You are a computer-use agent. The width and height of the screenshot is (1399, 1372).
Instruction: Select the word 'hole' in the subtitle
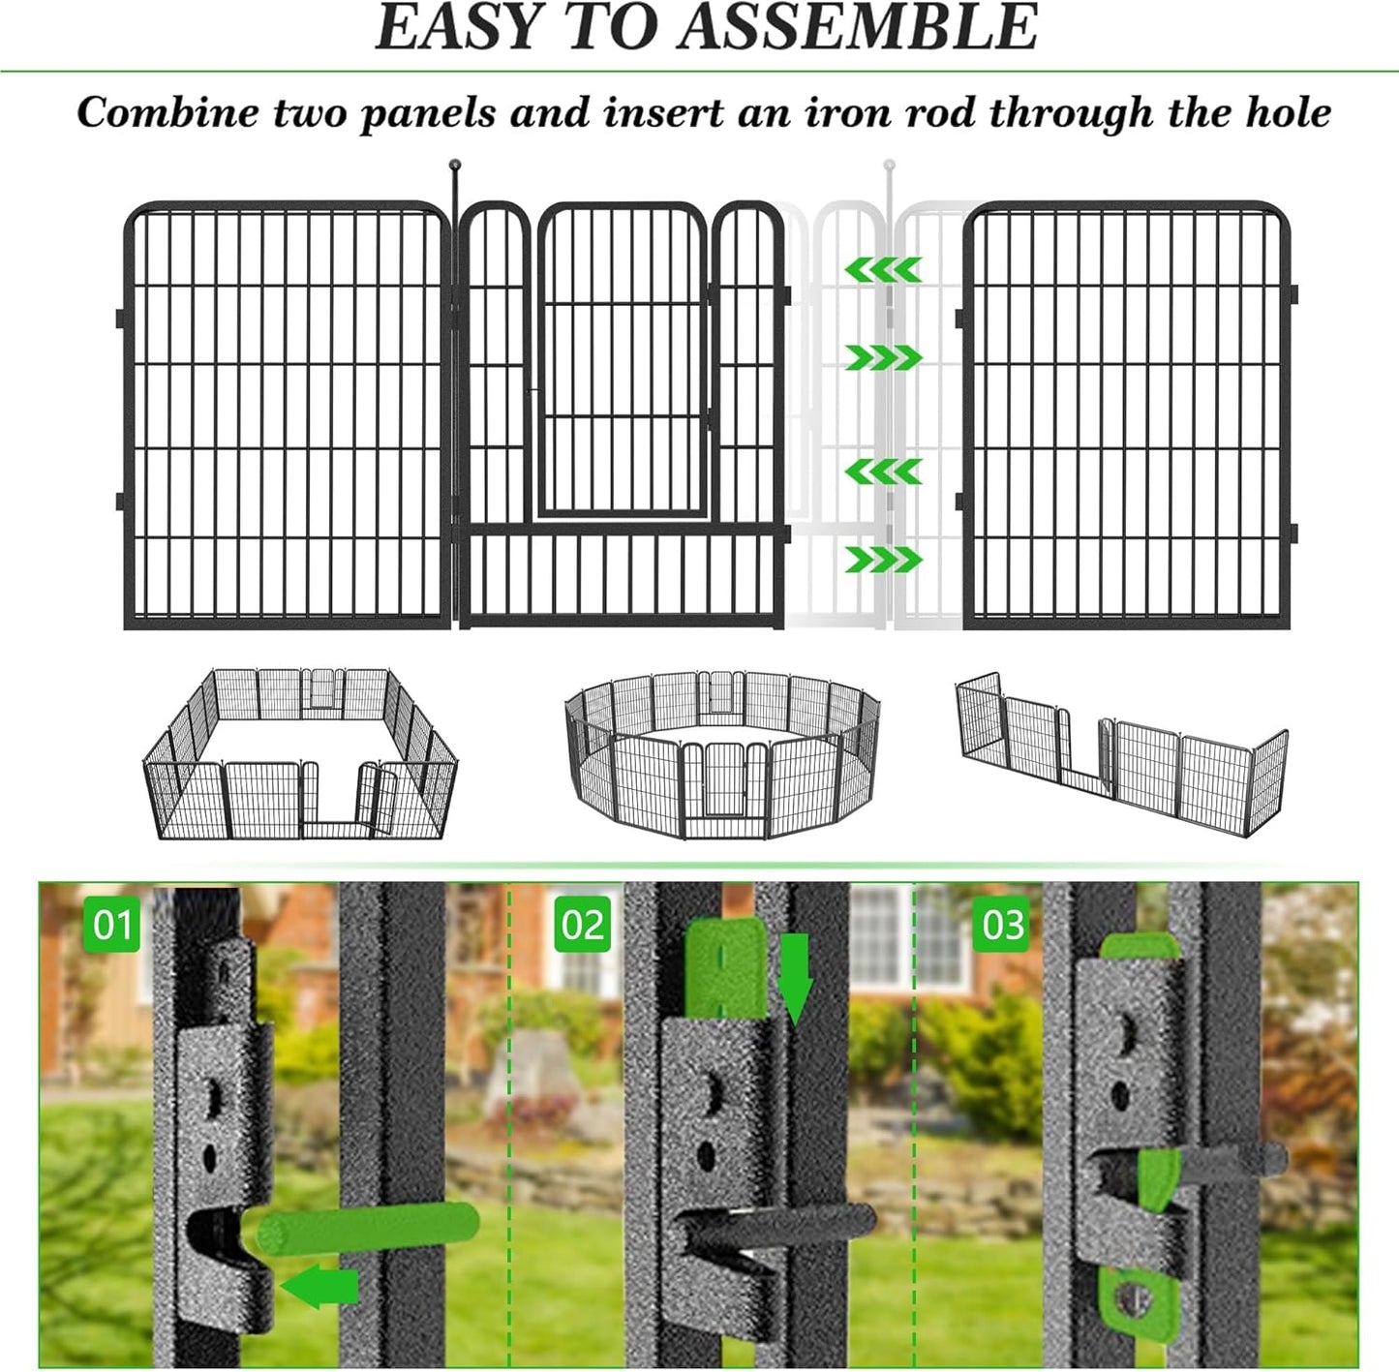point(1288,113)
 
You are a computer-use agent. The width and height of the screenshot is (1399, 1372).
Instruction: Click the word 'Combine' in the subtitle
point(167,113)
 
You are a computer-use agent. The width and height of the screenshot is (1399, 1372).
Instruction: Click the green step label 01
point(111,925)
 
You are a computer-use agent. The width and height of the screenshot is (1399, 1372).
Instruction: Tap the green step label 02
point(582,925)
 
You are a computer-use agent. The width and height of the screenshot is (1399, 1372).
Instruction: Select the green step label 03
point(1002,925)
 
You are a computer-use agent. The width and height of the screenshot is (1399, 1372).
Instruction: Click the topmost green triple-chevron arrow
point(883,270)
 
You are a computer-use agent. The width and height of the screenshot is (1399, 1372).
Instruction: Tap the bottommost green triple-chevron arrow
point(883,560)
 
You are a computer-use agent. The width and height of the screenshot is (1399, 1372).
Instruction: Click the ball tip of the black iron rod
point(455,166)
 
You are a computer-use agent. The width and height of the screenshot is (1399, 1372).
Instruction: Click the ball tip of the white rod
point(889,166)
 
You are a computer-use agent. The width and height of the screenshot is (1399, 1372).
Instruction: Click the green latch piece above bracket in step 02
point(724,968)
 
